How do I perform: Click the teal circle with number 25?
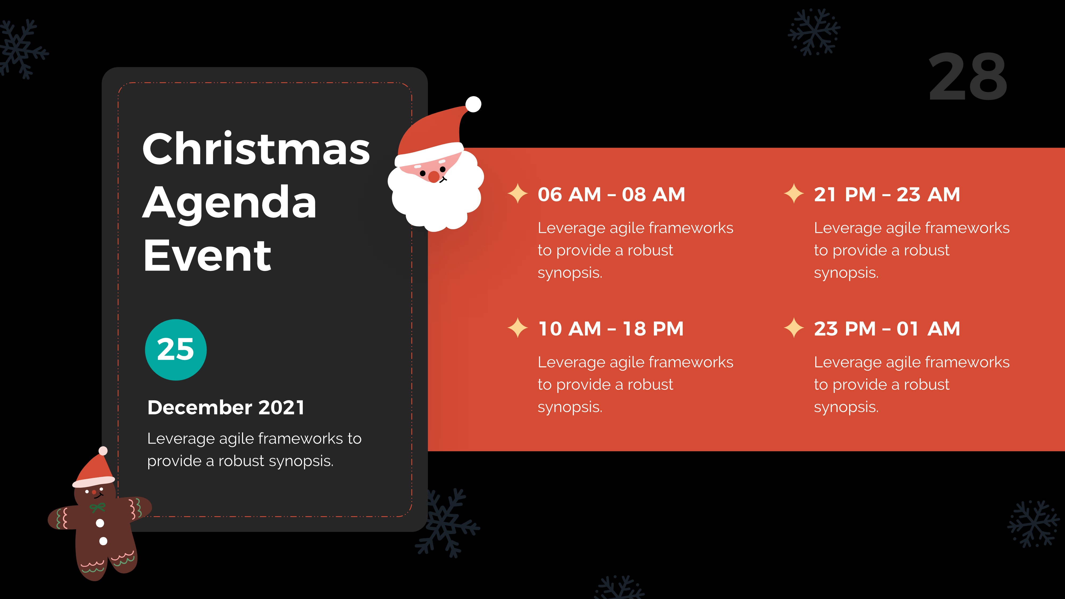coord(176,350)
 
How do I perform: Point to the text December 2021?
coord(226,408)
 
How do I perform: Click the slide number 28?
coord(968,77)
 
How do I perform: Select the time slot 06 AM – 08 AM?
coord(611,195)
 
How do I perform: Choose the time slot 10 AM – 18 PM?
coord(610,329)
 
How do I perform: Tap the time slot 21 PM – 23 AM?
coord(887,195)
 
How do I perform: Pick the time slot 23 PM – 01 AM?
coord(887,329)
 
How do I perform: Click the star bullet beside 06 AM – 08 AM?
coord(517,194)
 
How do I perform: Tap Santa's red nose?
coord(433,177)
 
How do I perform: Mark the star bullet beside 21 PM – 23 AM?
coord(794,194)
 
